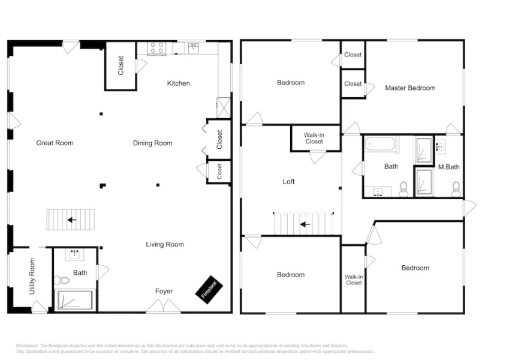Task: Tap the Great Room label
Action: pos(55,143)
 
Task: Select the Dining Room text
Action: pos(152,143)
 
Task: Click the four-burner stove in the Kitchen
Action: pos(157,49)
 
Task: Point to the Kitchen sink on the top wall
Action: pos(194,48)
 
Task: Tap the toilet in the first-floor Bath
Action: pos(62,280)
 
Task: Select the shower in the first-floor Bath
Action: pos(75,300)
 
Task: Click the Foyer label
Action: pos(164,292)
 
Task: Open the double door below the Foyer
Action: pos(164,307)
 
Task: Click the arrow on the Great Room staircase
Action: pos(72,220)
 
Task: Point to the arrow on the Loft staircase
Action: pos(305,224)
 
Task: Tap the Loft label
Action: pos(289,181)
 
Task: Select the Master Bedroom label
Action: pos(410,88)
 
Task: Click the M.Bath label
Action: pos(448,167)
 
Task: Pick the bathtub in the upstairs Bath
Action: pos(381,144)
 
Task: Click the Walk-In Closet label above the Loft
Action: pos(314,139)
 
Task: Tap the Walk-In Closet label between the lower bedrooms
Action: pos(354,280)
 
